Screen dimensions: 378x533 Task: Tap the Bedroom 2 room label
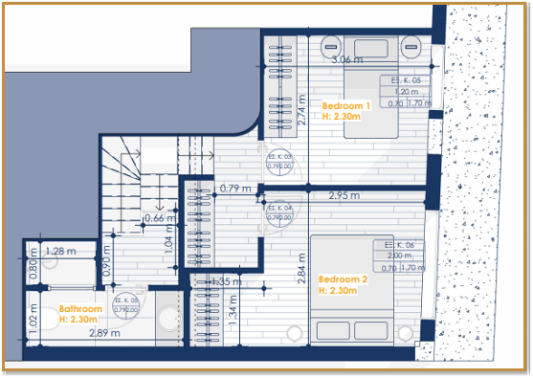pyautogui.click(x=343, y=284)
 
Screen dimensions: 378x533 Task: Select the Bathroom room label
pyautogui.click(x=80, y=314)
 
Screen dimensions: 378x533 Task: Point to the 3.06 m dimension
pyautogui.click(x=346, y=59)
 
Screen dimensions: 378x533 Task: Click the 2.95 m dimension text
pyautogui.click(x=344, y=196)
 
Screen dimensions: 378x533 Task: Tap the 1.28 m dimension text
pyautogui.click(x=60, y=252)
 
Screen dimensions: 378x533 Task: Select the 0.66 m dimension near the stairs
pyautogui.click(x=156, y=218)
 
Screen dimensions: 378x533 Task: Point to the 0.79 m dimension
pyautogui.click(x=235, y=189)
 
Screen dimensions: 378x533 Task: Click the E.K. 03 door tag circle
pyautogui.click(x=279, y=161)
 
